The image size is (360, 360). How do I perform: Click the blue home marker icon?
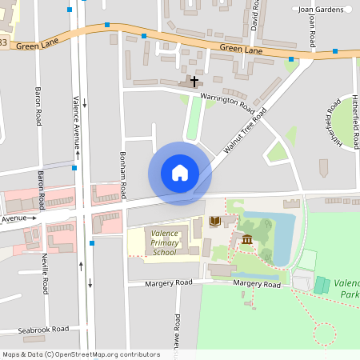coord(179,173)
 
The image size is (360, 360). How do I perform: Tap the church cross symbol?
coord(194,81)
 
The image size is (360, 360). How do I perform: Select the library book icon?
coord(214,221)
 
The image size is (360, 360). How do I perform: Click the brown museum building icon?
coord(246,239)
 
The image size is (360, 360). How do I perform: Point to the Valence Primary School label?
coord(164,243)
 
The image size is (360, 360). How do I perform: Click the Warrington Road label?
coord(227,102)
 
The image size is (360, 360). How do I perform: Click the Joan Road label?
coord(312,30)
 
